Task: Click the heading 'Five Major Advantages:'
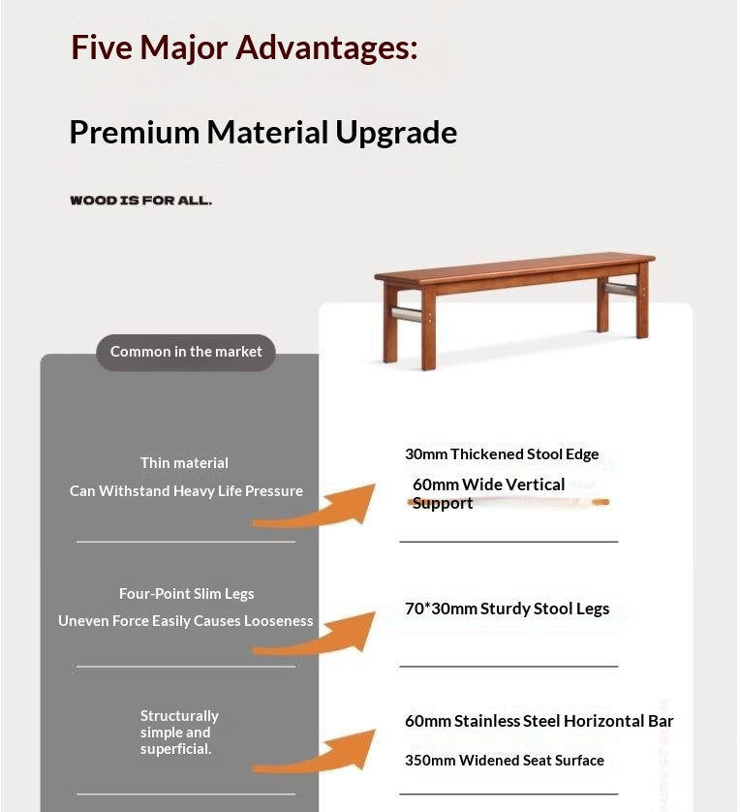[244, 48]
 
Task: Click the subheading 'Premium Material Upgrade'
[262, 133]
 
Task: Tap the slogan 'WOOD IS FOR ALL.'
[140, 201]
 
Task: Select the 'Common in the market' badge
[186, 352]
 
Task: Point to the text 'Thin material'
[184, 463]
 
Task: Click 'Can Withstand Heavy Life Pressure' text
[186, 491]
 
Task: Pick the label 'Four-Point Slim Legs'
[186, 594]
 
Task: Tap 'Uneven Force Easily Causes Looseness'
[186, 621]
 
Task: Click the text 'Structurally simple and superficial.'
[179, 733]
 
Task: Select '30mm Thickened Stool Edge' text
[502, 454]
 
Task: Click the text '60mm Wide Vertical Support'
[488, 493]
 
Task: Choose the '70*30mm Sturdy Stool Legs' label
[508, 609]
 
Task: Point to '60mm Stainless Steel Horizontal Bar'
[540, 721]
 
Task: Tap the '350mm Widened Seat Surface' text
[505, 761]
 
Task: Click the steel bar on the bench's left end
[406, 314]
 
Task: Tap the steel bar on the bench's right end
[620, 289]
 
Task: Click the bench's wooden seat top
[515, 266]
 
